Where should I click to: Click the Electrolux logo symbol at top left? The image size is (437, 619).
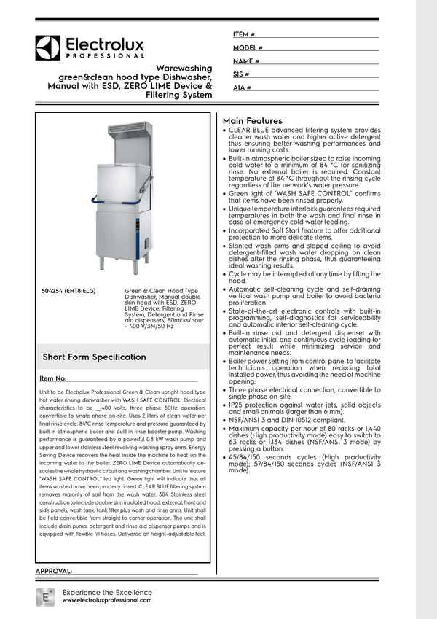[x=47, y=48]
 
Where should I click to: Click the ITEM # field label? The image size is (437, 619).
[x=244, y=34]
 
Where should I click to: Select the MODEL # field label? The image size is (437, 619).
[x=248, y=47]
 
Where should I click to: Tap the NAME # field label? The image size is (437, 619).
[x=246, y=61]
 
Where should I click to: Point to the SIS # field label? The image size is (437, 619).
[x=242, y=74]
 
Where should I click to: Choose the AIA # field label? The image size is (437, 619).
[x=243, y=87]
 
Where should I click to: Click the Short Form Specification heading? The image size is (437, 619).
[x=94, y=357]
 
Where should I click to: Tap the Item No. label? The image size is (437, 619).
[x=52, y=379]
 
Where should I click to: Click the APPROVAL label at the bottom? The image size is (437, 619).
[x=53, y=571]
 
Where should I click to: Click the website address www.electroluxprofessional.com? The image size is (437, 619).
[x=107, y=600]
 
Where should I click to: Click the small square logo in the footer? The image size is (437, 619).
[x=45, y=596]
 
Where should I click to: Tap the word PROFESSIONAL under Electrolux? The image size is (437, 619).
[x=106, y=56]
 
